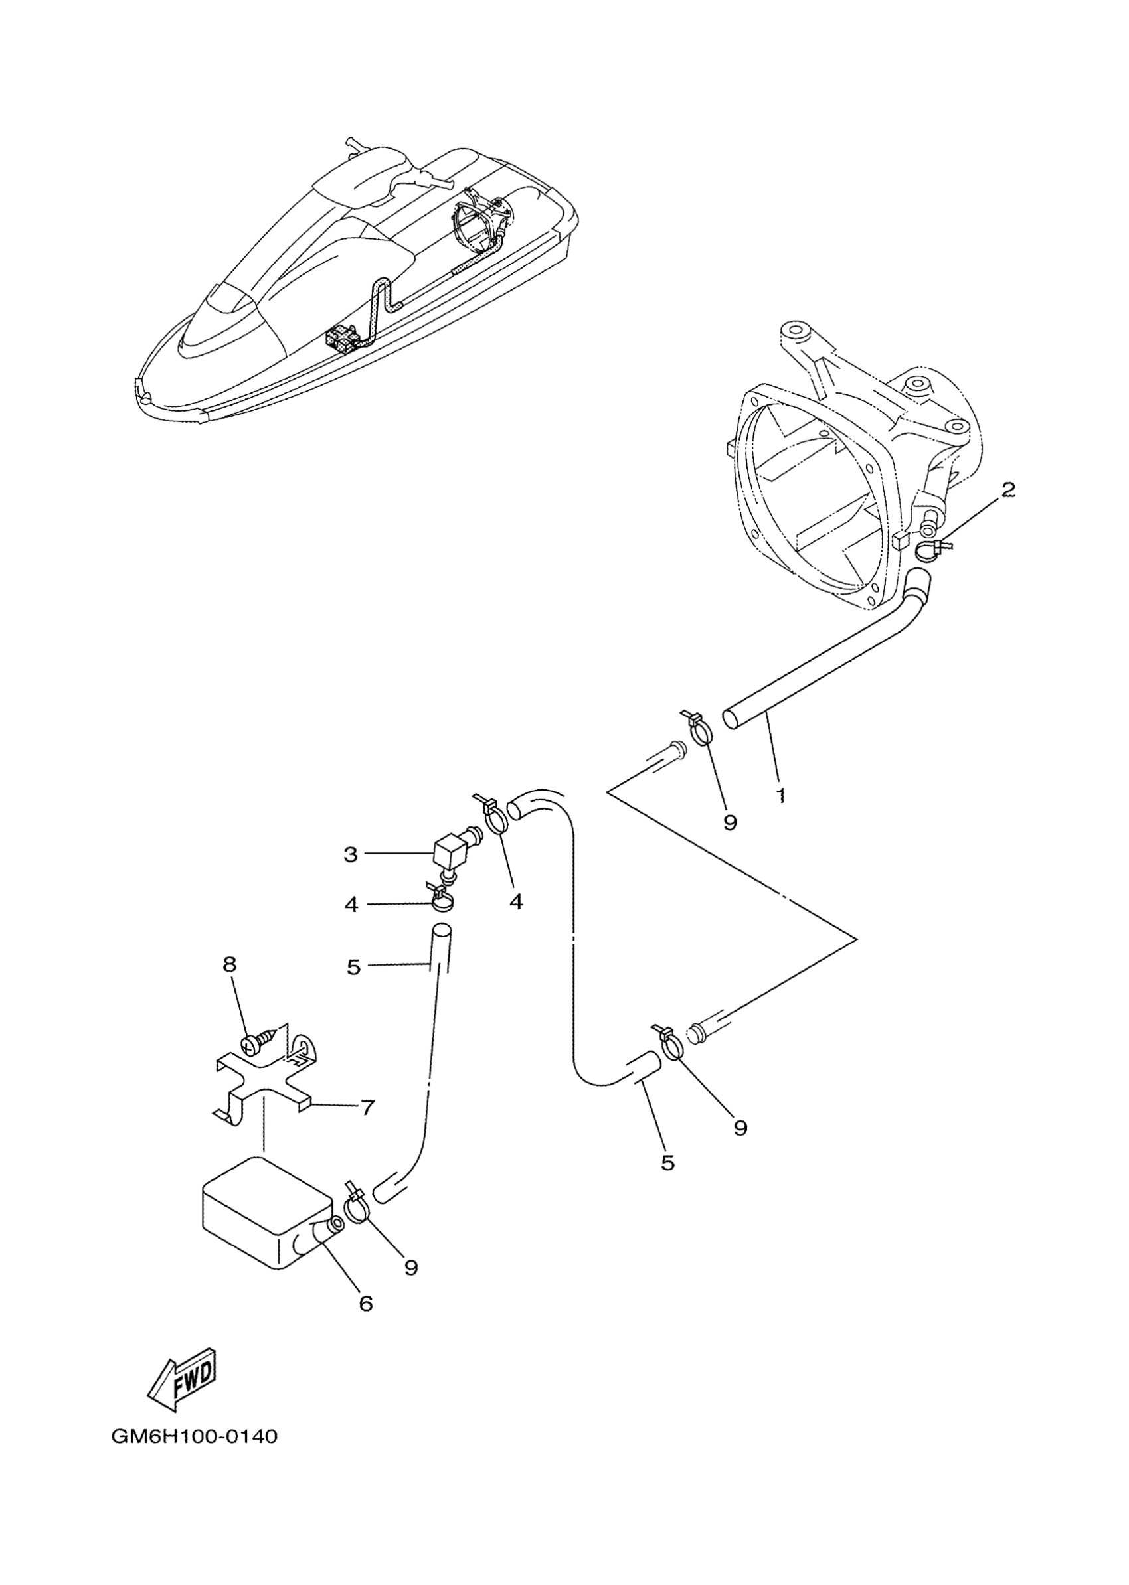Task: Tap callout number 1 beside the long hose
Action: pyautogui.click(x=781, y=795)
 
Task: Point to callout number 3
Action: pyautogui.click(x=351, y=854)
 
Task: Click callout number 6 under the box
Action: pyautogui.click(x=366, y=1304)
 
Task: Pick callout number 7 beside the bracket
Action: pyautogui.click(x=367, y=1107)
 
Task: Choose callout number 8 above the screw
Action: pyautogui.click(x=229, y=964)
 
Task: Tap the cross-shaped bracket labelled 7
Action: pyautogui.click(x=261, y=1087)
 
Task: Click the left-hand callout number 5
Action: pyautogui.click(x=354, y=967)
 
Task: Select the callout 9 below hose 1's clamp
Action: pyautogui.click(x=729, y=822)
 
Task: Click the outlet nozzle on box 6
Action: pyautogui.click(x=329, y=1227)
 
